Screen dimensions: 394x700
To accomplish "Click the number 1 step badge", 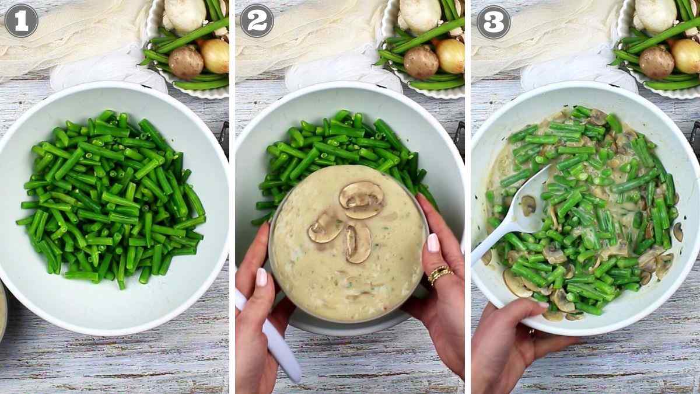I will (21, 20).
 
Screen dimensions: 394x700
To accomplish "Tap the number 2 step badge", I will (257, 20).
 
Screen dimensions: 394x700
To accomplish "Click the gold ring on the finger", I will (439, 274).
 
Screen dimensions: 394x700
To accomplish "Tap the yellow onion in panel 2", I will (450, 55).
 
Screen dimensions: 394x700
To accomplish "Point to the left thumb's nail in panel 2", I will (261, 277).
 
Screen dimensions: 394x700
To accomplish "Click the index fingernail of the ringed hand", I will (433, 242).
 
